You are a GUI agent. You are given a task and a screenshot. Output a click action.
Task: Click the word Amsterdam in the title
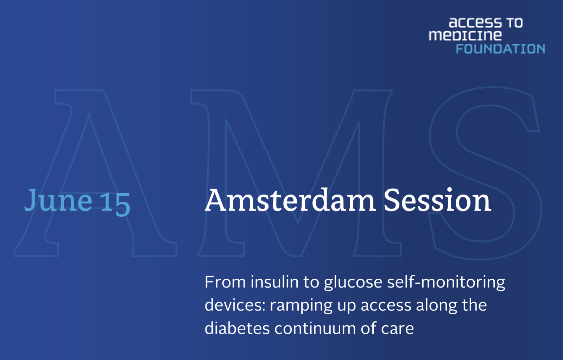point(290,200)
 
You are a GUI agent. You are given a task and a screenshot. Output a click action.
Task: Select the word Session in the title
point(437,200)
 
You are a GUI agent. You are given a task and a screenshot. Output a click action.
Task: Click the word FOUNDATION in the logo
point(500,49)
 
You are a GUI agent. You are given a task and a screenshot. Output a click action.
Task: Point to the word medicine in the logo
point(465,35)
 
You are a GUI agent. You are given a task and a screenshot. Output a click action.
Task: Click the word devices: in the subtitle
point(235,305)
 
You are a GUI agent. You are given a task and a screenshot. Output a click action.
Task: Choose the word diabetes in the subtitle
point(237,328)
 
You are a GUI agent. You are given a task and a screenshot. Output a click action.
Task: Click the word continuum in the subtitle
point(315,329)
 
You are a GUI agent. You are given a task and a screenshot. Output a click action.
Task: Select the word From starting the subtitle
point(225,282)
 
